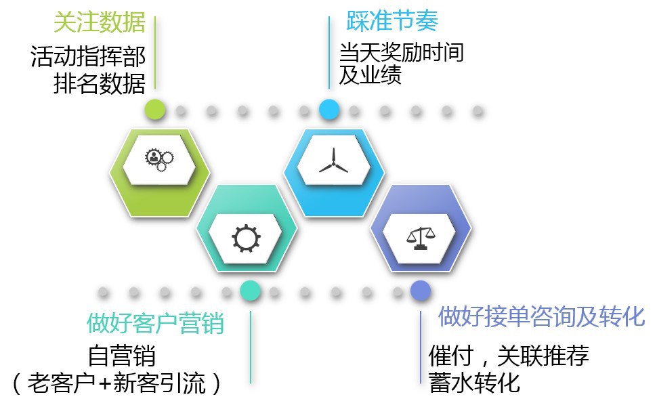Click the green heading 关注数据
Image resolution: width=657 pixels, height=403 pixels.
click(x=100, y=23)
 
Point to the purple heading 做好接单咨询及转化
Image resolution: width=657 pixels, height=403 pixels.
click(x=541, y=316)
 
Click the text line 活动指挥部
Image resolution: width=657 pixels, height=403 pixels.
click(x=88, y=56)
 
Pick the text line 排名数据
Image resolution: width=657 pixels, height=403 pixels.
click(x=99, y=84)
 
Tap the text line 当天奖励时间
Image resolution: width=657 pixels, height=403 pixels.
click(x=401, y=52)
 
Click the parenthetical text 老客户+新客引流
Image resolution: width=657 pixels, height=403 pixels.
click(x=116, y=383)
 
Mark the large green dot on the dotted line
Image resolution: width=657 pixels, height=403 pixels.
click(x=155, y=109)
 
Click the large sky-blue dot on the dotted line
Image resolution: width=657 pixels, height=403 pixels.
click(x=329, y=109)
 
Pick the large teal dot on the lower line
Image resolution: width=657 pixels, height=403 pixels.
click(x=250, y=291)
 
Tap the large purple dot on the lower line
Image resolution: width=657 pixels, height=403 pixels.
click(x=420, y=291)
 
